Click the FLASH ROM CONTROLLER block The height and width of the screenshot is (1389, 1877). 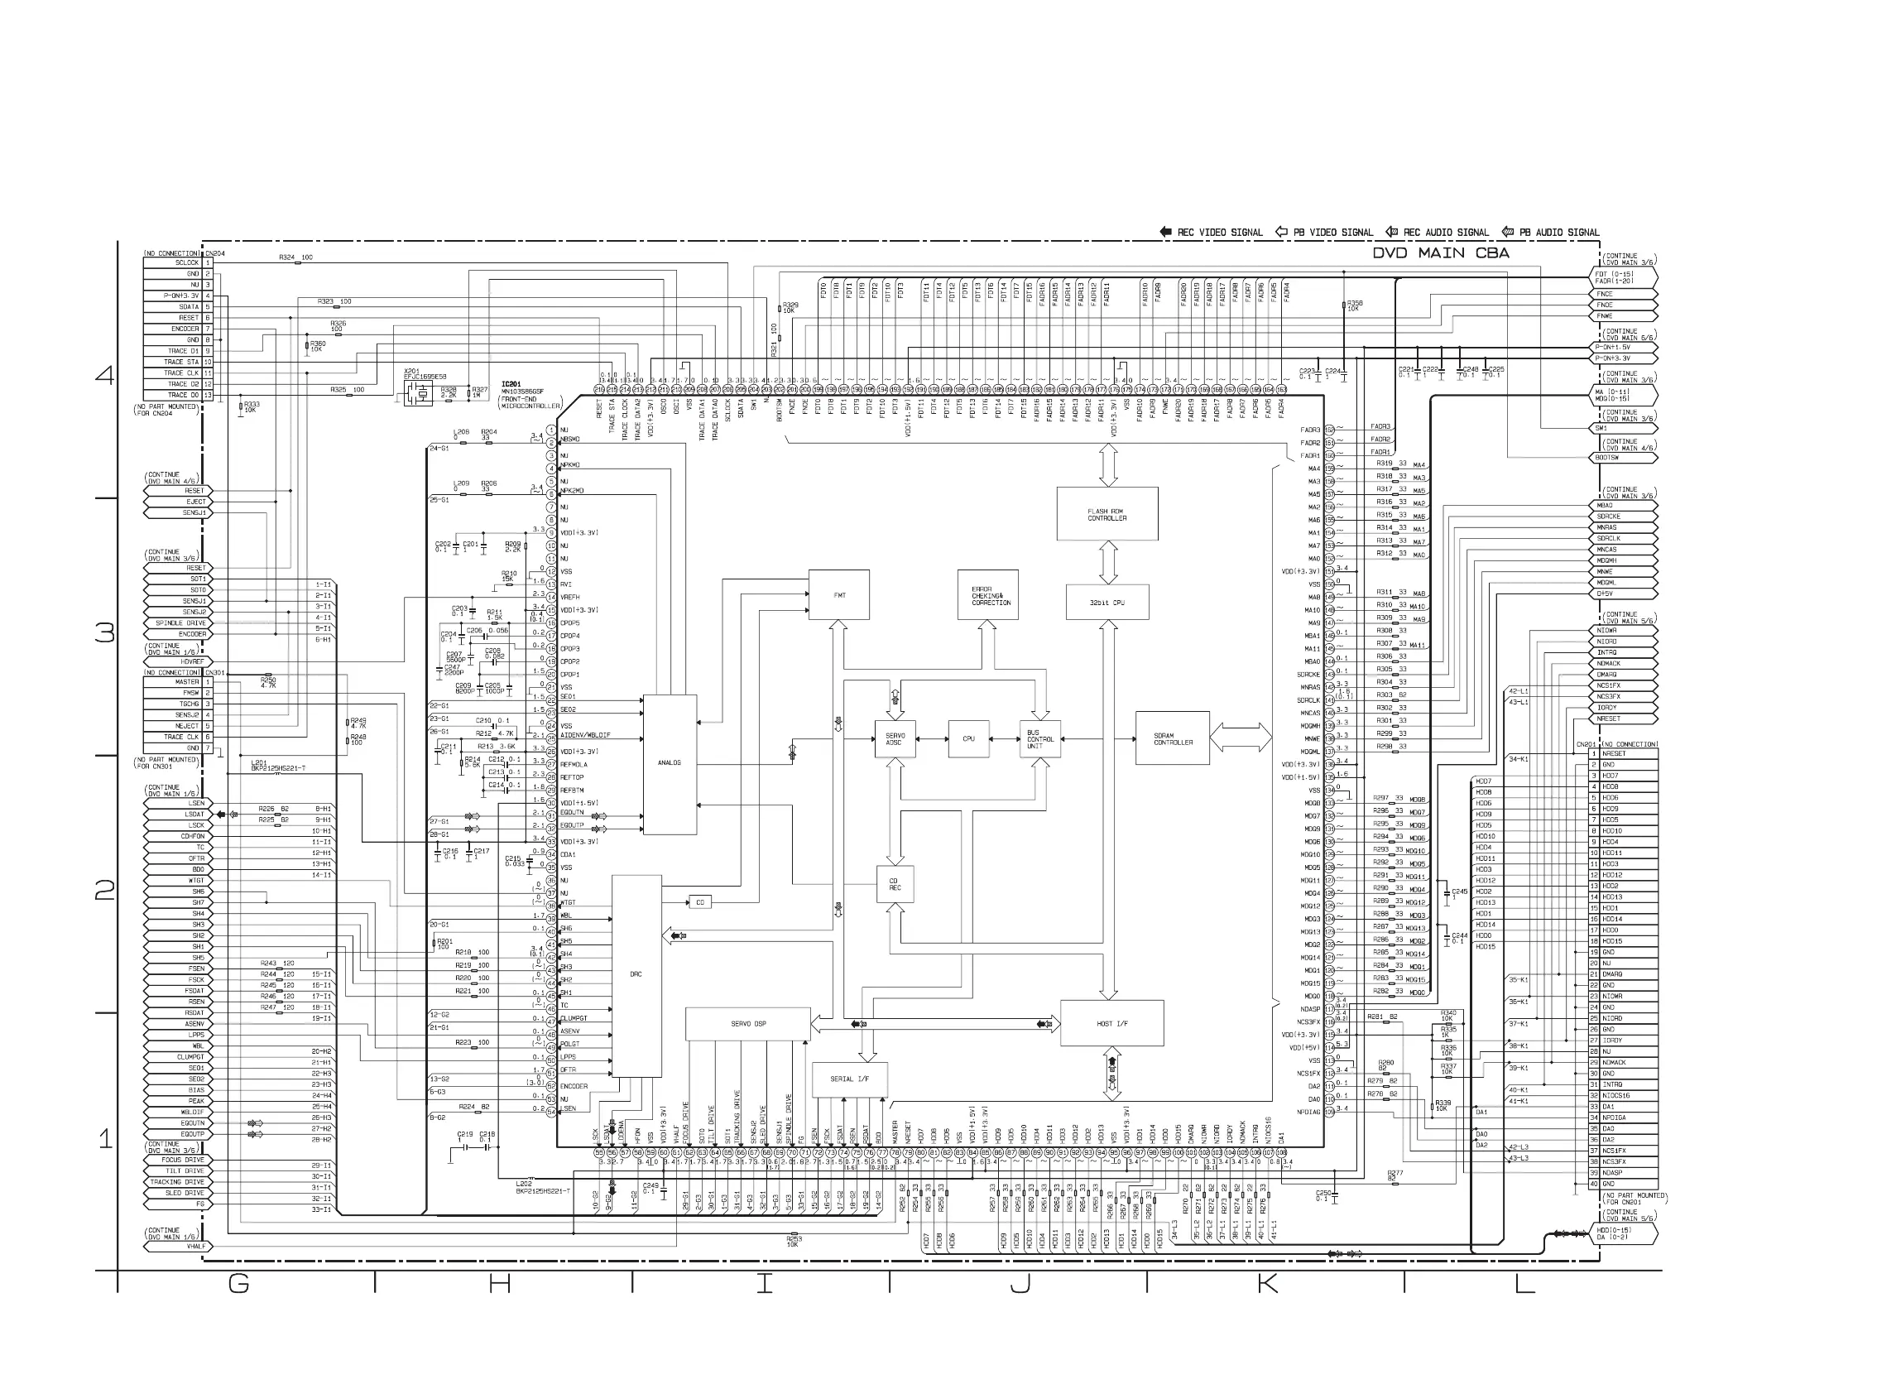tap(1107, 514)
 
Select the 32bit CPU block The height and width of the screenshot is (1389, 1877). tap(1107, 603)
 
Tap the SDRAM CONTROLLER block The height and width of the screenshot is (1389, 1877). tap(1173, 738)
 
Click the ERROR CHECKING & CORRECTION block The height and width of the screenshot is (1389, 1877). tap(988, 595)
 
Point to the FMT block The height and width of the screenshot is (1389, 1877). tap(839, 595)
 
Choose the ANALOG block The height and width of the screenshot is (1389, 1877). tap(669, 763)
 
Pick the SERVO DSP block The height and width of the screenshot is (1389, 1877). tap(748, 1024)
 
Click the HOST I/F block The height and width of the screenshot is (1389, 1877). tap(1112, 1023)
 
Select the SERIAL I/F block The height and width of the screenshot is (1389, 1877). tap(850, 1079)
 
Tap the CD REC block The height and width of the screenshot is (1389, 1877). tap(895, 885)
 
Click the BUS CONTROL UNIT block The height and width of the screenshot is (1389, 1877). tap(1039, 739)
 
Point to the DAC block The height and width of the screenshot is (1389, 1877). tap(636, 975)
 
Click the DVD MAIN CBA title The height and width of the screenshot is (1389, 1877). tap(1441, 253)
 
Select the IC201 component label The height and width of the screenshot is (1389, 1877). tap(511, 384)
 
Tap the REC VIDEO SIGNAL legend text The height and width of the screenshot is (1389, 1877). tap(1220, 233)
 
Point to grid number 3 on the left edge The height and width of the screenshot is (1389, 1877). tap(105, 632)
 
